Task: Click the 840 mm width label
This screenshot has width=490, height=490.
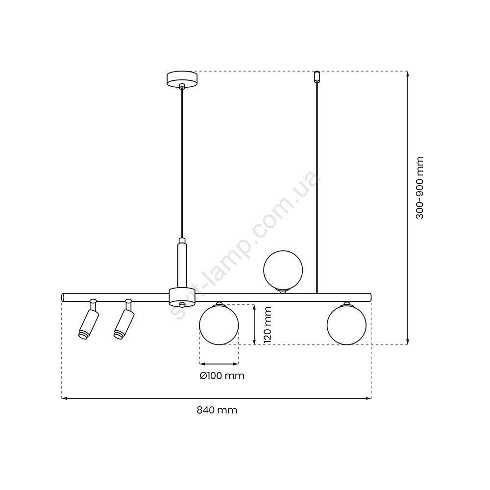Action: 217,410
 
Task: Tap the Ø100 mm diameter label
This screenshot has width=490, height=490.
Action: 222,375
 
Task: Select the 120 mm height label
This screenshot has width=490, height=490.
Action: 267,325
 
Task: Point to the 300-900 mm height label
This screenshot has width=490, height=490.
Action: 420,188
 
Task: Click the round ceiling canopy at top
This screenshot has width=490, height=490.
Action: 182,79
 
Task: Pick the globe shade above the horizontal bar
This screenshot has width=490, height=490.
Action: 283,270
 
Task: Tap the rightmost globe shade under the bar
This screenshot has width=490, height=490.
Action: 346,325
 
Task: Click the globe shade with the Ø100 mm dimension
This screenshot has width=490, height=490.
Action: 219,325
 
